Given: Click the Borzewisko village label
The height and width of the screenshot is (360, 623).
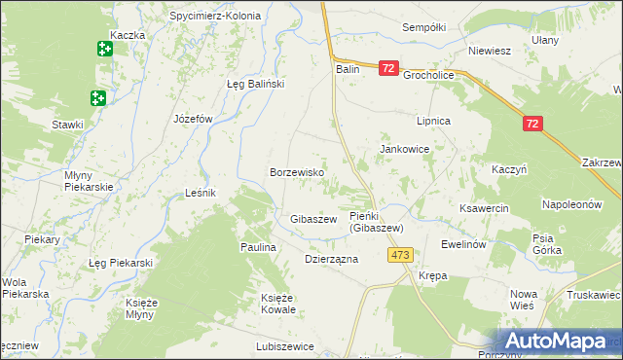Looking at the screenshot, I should tap(297, 172).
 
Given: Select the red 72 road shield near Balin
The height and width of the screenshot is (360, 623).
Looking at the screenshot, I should tap(388, 68).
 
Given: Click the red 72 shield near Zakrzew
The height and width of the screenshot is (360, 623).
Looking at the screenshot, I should tap(531, 124).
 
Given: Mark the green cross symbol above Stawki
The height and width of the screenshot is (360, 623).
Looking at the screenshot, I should tap(97, 97).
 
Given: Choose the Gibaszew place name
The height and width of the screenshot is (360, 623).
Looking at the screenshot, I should tap(313, 220).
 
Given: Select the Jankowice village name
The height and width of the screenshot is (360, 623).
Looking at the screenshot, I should tap(405, 149).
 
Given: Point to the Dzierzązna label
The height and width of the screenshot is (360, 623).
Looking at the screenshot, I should tap(332, 260).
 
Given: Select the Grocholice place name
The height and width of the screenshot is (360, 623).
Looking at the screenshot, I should tap(430, 73).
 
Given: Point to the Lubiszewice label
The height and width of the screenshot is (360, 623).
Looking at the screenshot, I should tap(285, 345).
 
